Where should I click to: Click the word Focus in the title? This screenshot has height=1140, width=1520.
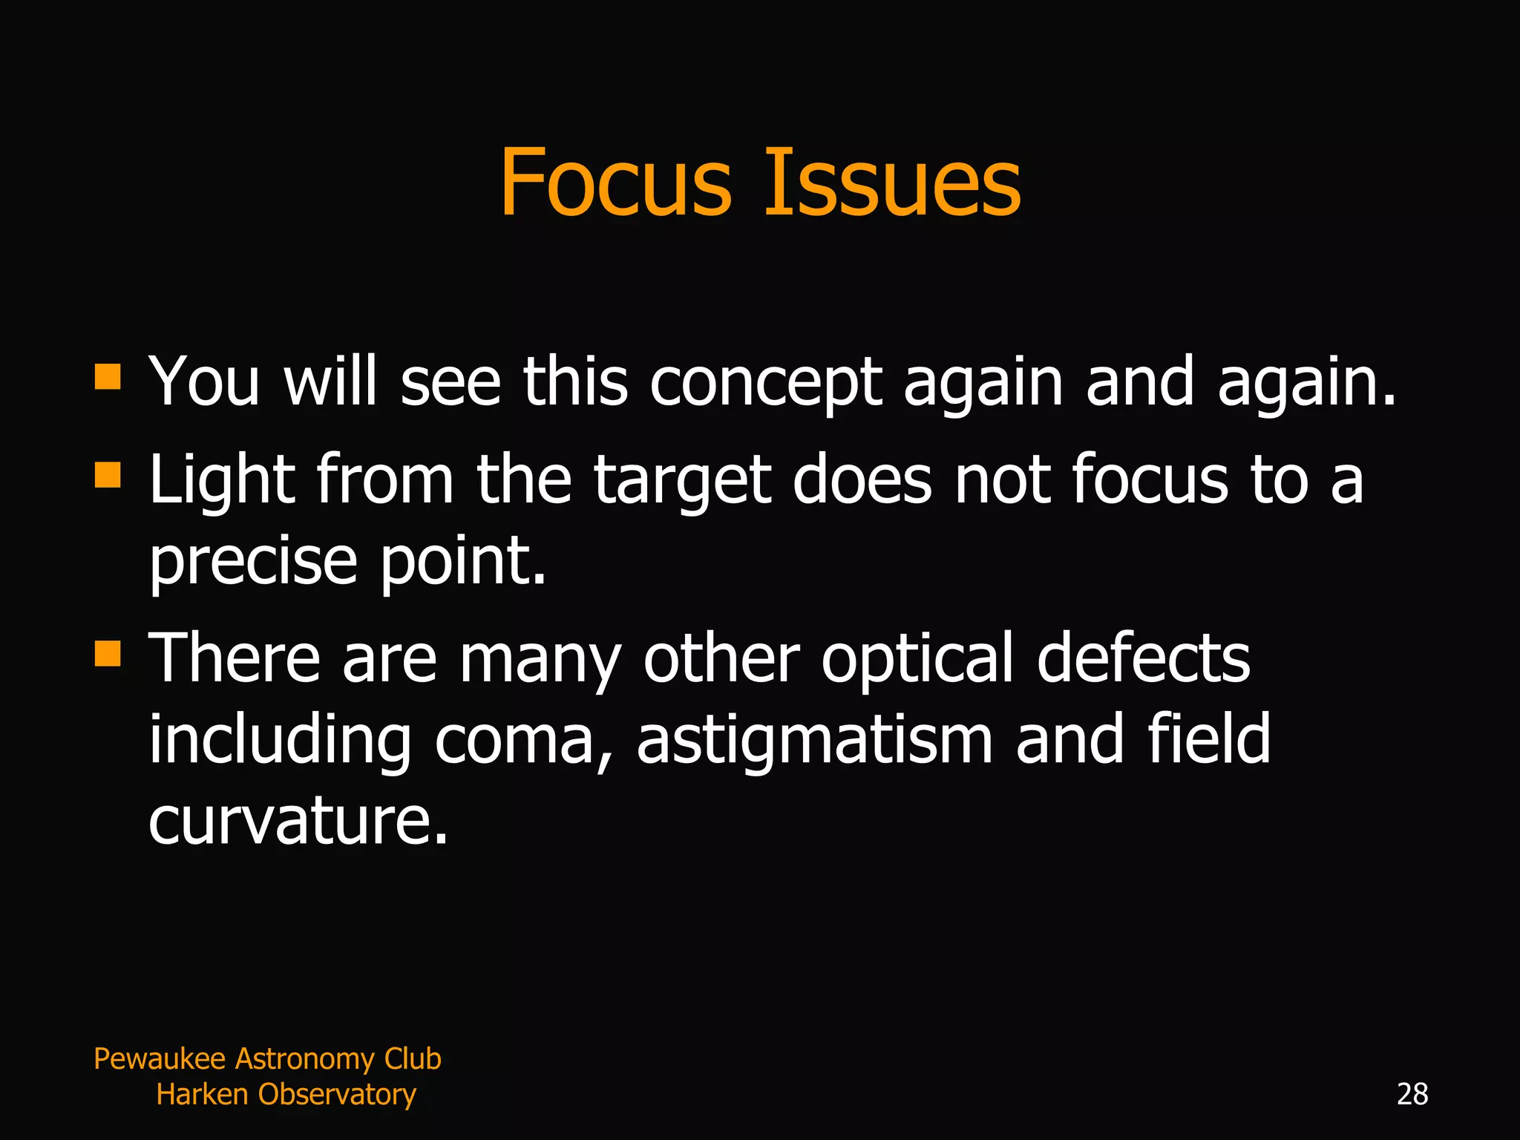(x=616, y=183)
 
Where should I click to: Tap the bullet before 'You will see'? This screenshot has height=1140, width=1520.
(x=108, y=376)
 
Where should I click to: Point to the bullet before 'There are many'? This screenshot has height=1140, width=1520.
(x=108, y=653)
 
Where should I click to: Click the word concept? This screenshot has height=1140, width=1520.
(x=766, y=383)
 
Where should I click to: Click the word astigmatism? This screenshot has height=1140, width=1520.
(x=814, y=740)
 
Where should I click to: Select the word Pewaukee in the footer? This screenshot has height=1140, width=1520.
(x=160, y=1059)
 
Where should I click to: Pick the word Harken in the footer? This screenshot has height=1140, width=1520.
(x=202, y=1095)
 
